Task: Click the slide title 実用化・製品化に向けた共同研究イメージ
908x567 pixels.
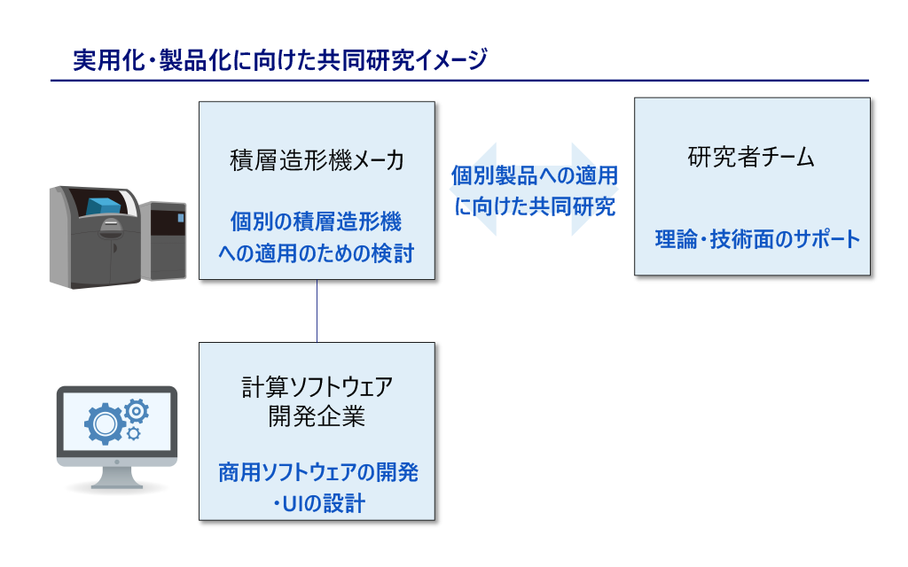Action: click(x=280, y=60)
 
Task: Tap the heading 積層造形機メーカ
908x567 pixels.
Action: click(x=317, y=160)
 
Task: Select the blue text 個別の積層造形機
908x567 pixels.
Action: click(x=317, y=221)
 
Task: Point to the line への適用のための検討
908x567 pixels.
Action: click(x=317, y=253)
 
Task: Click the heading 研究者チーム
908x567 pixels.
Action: click(x=751, y=157)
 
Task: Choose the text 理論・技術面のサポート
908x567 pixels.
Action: click(x=757, y=239)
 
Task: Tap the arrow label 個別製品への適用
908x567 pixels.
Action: click(x=535, y=176)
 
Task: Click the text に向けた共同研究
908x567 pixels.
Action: click(x=535, y=206)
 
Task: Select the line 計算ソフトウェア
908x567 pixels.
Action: click(x=317, y=387)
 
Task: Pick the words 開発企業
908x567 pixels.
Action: click(x=317, y=416)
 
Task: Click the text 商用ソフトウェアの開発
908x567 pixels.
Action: click(x=318, y=473)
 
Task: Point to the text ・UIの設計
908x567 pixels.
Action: click(x=318, y=503)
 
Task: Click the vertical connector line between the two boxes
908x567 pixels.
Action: click(x=317, y=311)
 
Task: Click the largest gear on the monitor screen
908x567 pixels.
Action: click(x=105, y=424)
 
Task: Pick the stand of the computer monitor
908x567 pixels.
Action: click(x=117, y=478)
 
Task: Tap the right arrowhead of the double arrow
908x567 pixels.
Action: click(x=595, y=190)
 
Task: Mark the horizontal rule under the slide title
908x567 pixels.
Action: click(x=460, y=81)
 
